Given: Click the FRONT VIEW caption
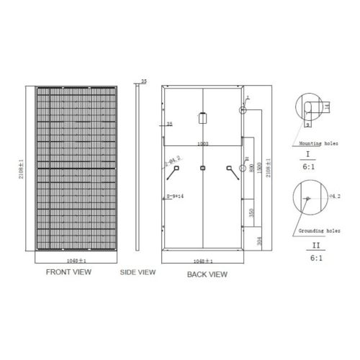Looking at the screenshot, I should click(x=69, y=273).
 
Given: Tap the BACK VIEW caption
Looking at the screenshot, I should click(x=207, y=274).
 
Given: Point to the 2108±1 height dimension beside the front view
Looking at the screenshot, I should click(x=22, y=173).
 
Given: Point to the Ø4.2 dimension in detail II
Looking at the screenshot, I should click(x=333, y=196).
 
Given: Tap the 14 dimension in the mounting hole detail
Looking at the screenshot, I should click(x=326, y=107).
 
